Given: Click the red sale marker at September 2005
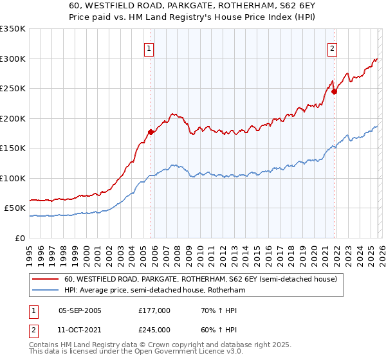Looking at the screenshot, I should pos(151,132).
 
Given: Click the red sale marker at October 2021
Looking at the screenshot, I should pos(335,91).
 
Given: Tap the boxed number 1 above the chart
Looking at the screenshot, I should pos(149,48).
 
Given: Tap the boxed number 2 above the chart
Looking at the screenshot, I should pos(333,48).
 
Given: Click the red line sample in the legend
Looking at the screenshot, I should pos(47,280).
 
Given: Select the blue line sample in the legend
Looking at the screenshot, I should pos(47,291).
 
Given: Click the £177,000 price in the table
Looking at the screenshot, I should pos(154,310).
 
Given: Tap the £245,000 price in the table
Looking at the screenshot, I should pos(154,329).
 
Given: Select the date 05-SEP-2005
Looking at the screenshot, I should pos(80,310).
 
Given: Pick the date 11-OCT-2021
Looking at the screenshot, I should pos(80,329).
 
